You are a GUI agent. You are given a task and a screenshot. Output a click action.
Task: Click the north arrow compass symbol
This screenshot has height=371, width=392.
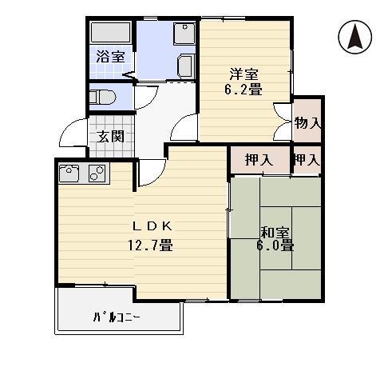pos(355,37)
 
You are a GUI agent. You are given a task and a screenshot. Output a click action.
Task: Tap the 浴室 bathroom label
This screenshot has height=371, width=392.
pos(110,57)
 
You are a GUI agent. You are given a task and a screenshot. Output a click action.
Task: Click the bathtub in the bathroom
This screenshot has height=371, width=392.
pos(111,33)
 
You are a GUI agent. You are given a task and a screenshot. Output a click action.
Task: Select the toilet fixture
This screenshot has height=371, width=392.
pos(102,98)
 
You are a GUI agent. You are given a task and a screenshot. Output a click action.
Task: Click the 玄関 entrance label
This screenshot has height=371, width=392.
pos(110,137)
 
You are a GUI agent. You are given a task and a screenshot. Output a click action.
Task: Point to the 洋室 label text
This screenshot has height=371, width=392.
pos(244,74)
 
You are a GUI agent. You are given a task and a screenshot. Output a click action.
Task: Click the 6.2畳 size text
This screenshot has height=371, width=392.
pos(244,90)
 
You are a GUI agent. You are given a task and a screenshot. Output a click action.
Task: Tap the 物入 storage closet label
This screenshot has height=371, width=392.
pos(307,123)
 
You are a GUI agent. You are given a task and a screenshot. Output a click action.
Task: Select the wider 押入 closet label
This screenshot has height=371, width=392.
pos(259,160)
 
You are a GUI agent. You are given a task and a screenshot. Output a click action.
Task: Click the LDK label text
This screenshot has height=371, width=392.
pos(152,226)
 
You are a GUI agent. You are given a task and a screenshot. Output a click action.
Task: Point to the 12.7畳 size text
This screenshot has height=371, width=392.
pos(151,245)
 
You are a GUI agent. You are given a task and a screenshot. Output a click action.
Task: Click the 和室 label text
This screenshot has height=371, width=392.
pos(275,232)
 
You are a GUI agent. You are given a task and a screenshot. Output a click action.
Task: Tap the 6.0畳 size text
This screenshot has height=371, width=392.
pos(275,245)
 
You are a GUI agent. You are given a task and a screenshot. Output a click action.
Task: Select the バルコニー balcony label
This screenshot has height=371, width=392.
pos(117,317)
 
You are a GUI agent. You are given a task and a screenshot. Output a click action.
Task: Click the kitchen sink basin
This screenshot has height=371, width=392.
pos(69,173)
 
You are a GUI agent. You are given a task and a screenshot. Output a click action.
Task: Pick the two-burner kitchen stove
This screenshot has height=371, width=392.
pos(97,173)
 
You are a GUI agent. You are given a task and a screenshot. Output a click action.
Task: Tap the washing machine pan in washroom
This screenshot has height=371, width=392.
pos(184,34)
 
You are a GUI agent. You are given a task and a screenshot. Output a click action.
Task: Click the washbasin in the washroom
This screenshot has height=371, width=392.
pos(186,66)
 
